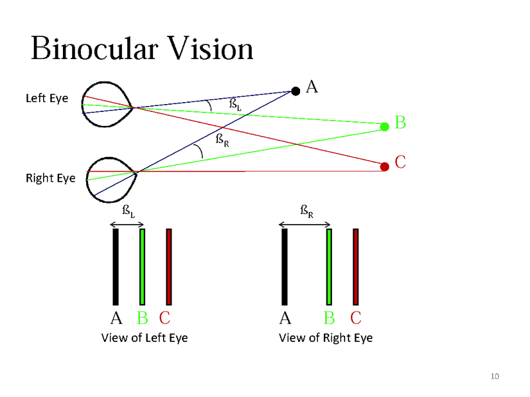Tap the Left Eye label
click(x=46, y=98)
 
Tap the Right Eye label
click(x=50, y=178)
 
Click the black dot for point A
click(x=295, y=91)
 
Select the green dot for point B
click(x=385, y=126)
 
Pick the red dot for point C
click(x=385, y=166)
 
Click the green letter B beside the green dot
click(x=400, y=123)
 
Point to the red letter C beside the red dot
click(x=400, y=162)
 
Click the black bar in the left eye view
click(x=115, y=266)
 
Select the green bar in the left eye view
click(x=142, y=266)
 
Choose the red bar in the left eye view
click(x=169, y=266)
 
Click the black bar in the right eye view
click(x=284, y=266)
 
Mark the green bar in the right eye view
click(x=329, y=266)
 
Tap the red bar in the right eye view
click(x=356, y=266)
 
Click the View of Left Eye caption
click(x=144, y=338)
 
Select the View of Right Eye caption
click(x=325, y=338)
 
